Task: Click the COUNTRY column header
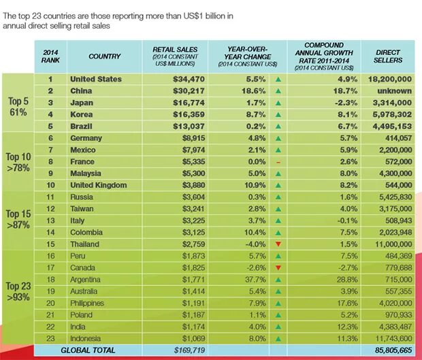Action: click(x=105, y=56)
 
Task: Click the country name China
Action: click(x=82, y=91)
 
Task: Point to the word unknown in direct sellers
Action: click(x=397, y=91)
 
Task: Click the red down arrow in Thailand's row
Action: click(x=278, y=244)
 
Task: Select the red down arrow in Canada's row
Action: click(x=278, y=268)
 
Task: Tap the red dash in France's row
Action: click(x=278, y=162)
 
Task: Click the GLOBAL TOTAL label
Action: click(x=88, y=350)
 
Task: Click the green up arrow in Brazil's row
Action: click(x=278, y=127)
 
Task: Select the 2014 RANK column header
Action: click(x=50, y=56)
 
